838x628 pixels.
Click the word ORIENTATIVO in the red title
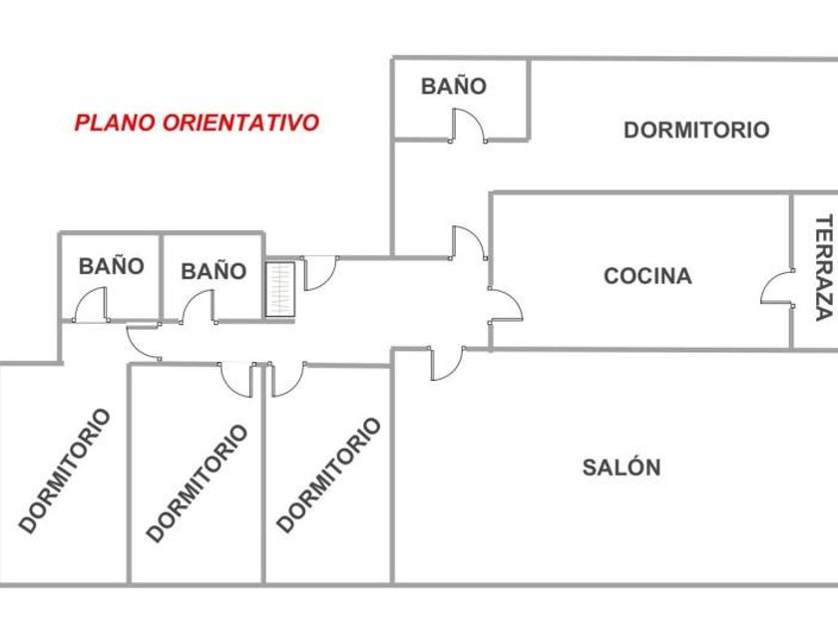click(x=240, y=123)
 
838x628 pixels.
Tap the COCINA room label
click(x=647, y=276)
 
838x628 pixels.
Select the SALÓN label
click(x=622, y=468)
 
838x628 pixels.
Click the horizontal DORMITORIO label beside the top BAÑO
click(x=696, y=130)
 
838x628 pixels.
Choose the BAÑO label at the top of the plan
click(x=453, y=86)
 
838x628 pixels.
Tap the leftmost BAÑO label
click(x=111, y=266)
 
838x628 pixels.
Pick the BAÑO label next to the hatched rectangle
click(x=213, y=270)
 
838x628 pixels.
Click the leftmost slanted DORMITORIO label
click(x=65, y=471)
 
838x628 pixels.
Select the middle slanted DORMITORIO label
click(x=197, y=483)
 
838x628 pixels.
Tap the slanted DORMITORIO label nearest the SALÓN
click(x=328, y=474)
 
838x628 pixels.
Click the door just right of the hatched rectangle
click(x=318, y=272)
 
